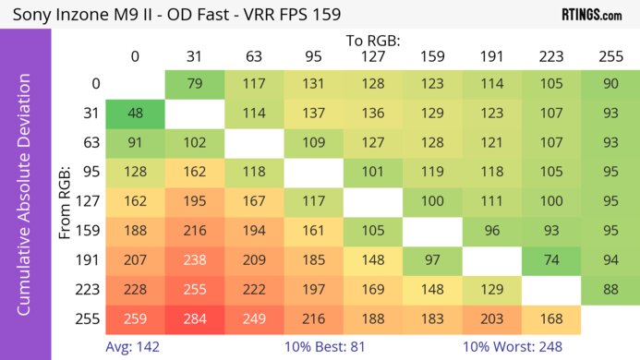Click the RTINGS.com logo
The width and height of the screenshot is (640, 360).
[x=591, y=15]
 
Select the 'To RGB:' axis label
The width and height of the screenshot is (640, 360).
[x=373, y=41]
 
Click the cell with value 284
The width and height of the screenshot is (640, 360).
[x=194, y=319]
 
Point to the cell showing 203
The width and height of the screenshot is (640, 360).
[x=492, y=319]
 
